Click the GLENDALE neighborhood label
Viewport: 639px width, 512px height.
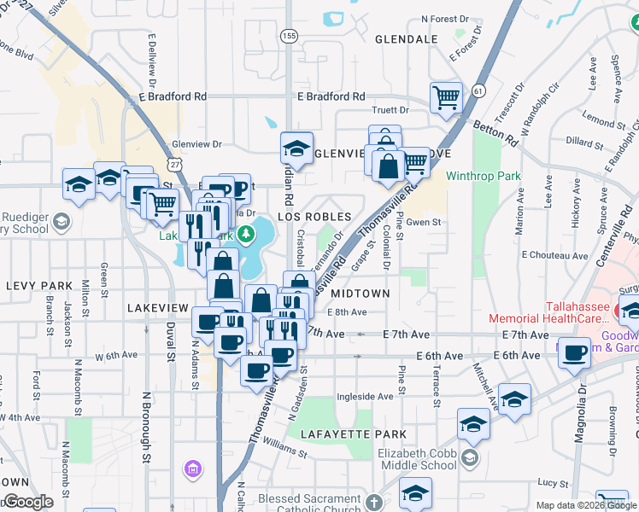coord(406,39)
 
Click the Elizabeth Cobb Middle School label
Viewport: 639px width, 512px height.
coord(417,459)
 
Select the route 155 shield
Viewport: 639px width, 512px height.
coord(290,37)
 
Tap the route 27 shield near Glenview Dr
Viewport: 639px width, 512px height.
coord(175,163)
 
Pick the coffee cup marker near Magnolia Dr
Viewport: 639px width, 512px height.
coord(574,352)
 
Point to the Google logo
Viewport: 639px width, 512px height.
coord(28,502)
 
